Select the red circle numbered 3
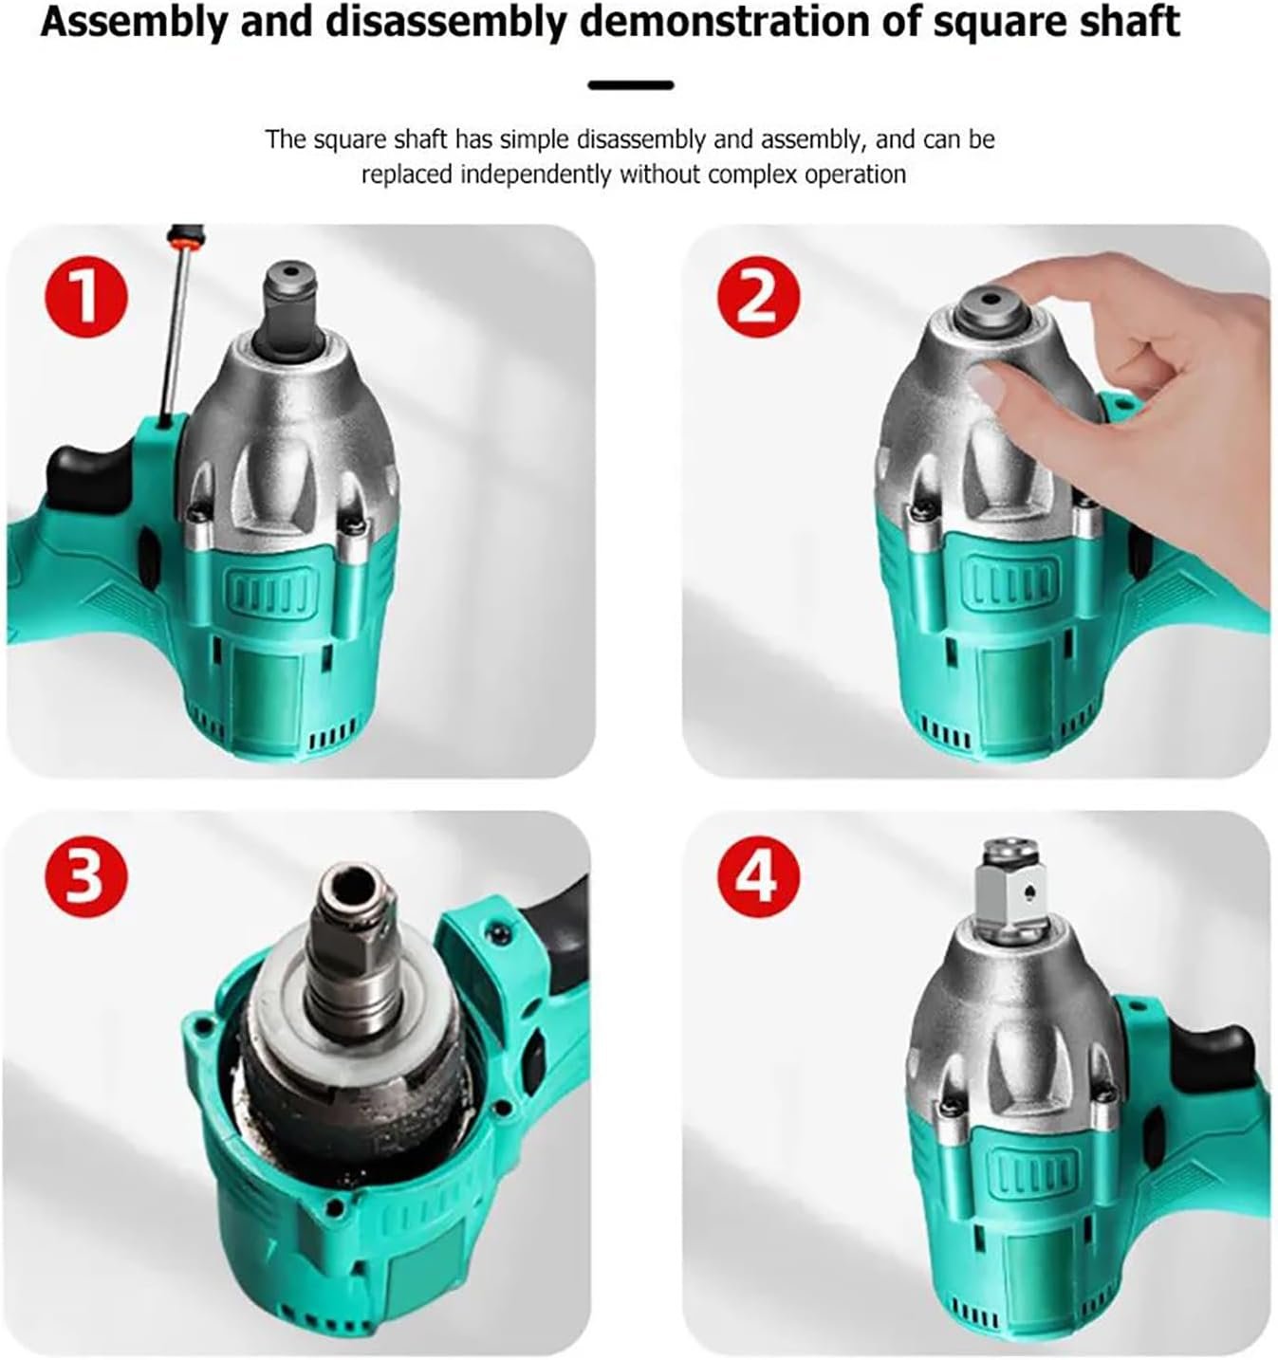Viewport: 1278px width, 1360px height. pyautogui.click(x=86, y=876)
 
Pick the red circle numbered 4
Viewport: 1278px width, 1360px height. pyautogui.click(x=759, y=876)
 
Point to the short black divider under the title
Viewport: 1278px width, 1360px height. pyautogui.click(x=631, y=85)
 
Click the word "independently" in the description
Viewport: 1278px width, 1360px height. pyautogui.click(x=535, y=175)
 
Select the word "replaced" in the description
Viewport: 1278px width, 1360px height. pyautogui.click(x=407, y=175)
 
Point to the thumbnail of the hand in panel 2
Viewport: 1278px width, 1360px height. pyautogui.click(x=988, y=382)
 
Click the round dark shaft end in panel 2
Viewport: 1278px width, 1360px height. pyautogui.click(x=993, y=308)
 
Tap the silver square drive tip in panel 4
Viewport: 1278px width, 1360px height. pyautogui.click(x=1012, y=891)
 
